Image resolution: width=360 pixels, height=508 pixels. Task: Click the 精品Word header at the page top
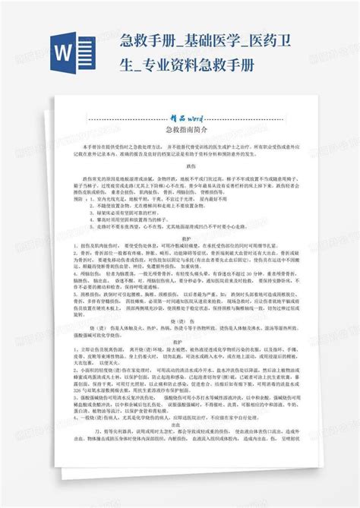pyautogui.click(x=180, y=119)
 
